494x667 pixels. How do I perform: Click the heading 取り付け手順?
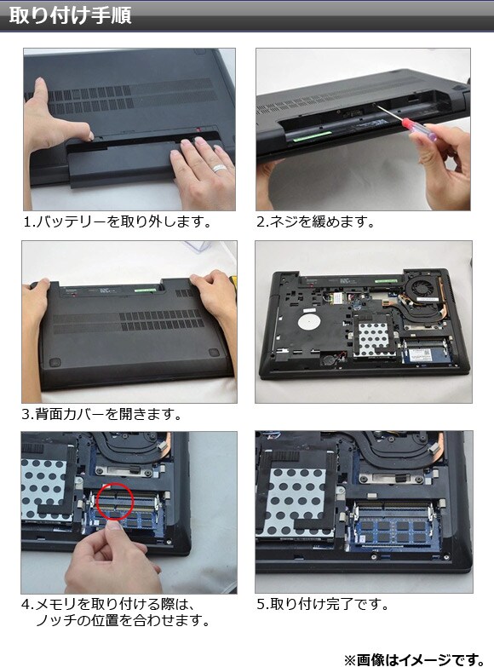click(70, 15)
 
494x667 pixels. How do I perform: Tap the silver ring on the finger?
click(220, 168)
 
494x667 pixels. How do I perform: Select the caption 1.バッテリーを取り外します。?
click(118, 221)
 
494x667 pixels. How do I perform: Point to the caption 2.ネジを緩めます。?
click(315, 221)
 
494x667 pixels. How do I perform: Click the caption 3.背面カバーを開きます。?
click(101, 414)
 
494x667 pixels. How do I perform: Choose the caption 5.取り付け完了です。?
click(323, 604)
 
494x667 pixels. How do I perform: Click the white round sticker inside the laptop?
click(308, 322)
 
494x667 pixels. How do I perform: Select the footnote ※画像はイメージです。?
click(415, 659)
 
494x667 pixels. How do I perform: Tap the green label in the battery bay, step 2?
click(312, 136)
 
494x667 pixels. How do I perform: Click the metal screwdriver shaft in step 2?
click(388, 112)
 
